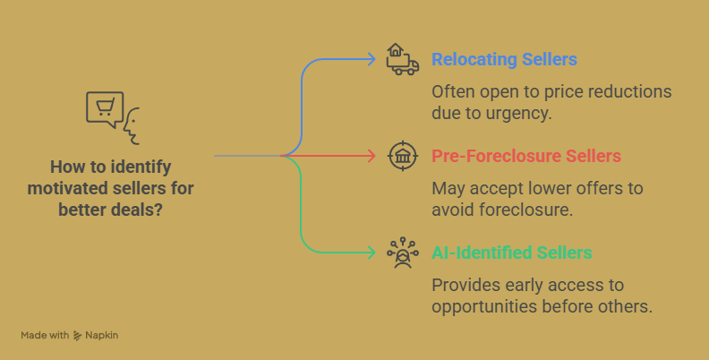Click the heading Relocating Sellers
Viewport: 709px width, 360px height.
tap(504, 59)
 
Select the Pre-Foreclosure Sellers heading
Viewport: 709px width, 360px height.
tap(526, 156)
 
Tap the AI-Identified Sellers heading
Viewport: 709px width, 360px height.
tap(512, 253)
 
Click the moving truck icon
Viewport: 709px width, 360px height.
tap(403, 59)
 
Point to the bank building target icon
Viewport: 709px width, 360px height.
tap(403, 156)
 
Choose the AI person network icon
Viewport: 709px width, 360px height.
tap(403, 253)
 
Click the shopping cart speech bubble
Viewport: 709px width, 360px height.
tap(105, 109)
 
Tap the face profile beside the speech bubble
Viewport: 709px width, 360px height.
tap(131, 126)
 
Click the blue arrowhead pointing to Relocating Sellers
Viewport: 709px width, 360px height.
tap(372, 59)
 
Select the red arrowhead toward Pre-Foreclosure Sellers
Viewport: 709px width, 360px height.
tap(372, 156)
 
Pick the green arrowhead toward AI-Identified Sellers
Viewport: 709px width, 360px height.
tap(372, 253)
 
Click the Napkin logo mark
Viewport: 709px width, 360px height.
tap(77, 336)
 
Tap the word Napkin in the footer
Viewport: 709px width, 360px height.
tap(102, 336)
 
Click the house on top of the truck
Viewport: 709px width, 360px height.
tap(395, 50)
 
